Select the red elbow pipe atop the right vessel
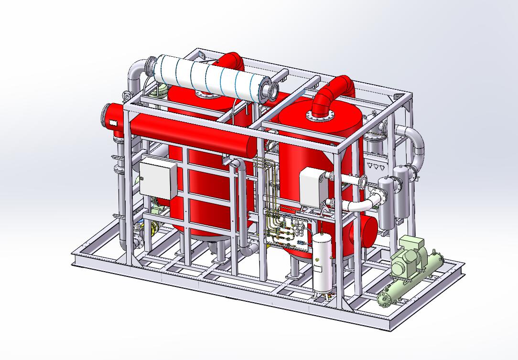(335, 91)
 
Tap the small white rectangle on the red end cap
(114, 124)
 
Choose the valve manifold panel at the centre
(287, 229)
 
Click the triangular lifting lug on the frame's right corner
(396, 97)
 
